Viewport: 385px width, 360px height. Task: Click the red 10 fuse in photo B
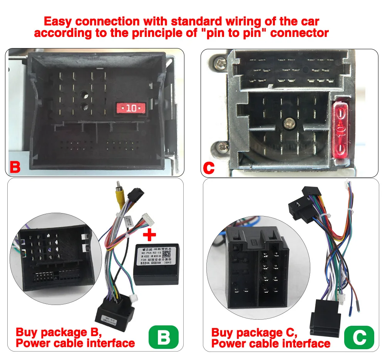(x=131, y=108)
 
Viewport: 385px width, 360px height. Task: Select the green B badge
(x=164, y=337)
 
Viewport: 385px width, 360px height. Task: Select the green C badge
(x=359, y=337)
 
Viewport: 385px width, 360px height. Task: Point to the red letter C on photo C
(x=208, y=168)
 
